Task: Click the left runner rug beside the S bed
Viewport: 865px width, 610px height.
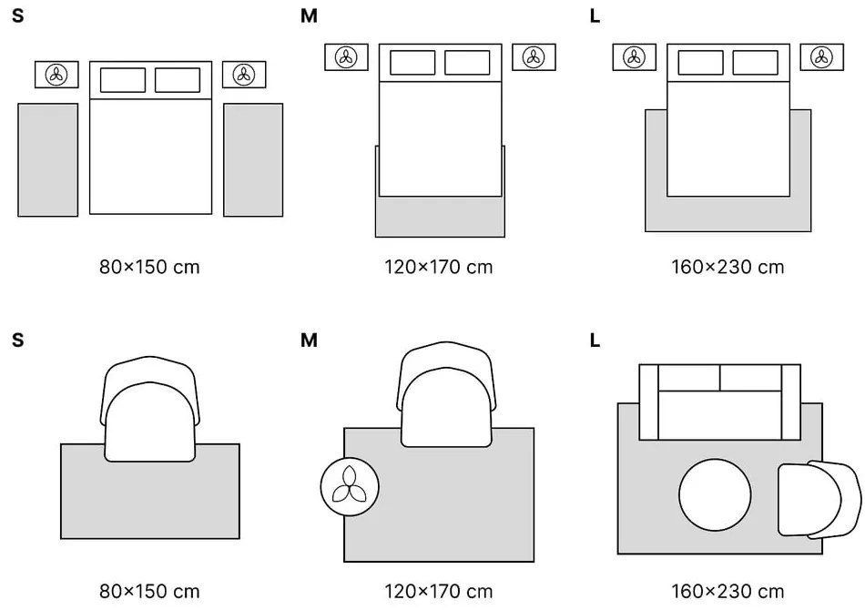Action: (x=48, y=159)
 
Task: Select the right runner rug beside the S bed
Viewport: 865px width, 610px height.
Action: (x=253, y=159)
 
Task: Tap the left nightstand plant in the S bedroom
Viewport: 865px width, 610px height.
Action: (x=57, y=75)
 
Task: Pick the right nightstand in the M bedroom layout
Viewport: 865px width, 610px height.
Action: (x=534, y=57)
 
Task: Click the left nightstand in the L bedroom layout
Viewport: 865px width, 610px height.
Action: (x=634, y=57)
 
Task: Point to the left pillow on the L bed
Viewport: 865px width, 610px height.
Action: (x=701, y=63)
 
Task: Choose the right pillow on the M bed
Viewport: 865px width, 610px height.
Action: (x=467, y=63)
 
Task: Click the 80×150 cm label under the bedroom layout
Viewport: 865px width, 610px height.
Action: (x=149, y=268)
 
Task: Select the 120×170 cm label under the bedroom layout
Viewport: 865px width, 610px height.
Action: (x=439, y=268)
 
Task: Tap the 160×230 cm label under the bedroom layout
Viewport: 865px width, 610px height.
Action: (x=728, y=268)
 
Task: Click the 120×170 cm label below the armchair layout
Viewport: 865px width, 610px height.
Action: (x=439, y=565)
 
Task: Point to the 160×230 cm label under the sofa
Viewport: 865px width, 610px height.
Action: (x=728, y=565)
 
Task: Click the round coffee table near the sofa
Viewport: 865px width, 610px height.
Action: (x=715, y=496)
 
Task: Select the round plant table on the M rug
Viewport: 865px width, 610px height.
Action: (x=350, y=485)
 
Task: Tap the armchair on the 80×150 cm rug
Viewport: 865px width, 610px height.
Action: (x=150, y=410)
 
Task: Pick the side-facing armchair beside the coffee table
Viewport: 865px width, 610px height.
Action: (x=817, y=499)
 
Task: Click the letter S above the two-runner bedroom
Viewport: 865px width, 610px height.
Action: (x=18, y=16)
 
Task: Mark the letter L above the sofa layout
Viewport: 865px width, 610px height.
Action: (x=595, y=341)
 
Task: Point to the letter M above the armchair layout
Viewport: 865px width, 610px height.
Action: (x=309, y=341)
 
